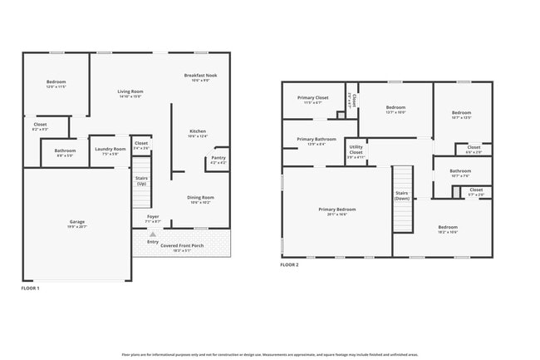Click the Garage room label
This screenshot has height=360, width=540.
point(76,222)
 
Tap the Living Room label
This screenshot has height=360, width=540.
point(130,91)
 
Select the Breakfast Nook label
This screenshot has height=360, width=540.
point(200,76)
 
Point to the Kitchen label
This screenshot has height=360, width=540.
point(197,131)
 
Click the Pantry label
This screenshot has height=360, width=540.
point(218,158)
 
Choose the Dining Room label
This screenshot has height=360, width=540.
point(200,198)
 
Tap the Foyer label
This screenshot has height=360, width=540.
point(153,217)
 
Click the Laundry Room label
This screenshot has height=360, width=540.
point(110,150)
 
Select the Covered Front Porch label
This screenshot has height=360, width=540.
point(181,246)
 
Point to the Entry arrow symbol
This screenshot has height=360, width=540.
point(152,234)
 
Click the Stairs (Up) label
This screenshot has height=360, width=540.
point(141,180)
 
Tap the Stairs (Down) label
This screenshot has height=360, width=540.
point(402,195)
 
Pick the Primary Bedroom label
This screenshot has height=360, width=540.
point(336,209)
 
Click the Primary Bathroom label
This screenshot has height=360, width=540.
point(317,139)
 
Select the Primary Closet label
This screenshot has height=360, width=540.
point(313,98)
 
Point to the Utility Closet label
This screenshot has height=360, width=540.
point(356,150)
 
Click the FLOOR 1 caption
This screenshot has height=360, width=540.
point(30,288)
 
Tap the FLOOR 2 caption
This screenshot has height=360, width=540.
point(290,264)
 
